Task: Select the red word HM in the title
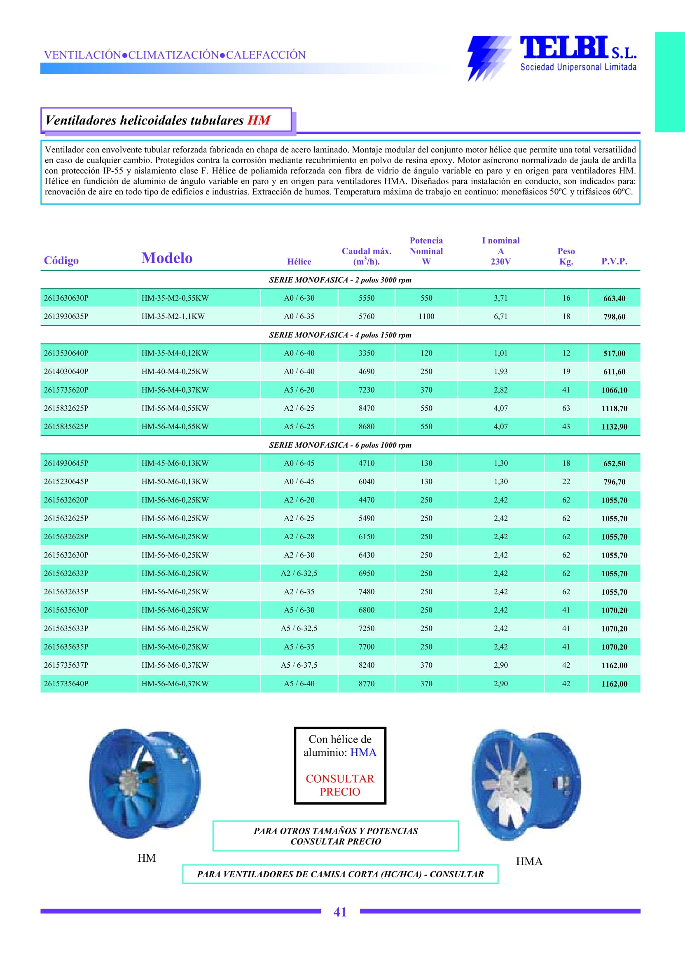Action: (x=259, y=120)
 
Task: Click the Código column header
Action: (x=61, y=260)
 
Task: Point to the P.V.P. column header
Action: (x=614, y=261)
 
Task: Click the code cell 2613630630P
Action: (x=66, y=298)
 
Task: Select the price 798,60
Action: (x=614, y=317)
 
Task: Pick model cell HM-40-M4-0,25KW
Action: (x=175, y=372)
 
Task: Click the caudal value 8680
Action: (x=366, y=426)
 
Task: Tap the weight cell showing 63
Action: (x=566, y=408)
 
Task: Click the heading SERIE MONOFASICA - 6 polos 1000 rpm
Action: (x=340, y=445)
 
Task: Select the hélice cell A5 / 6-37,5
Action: (x=299, y=665)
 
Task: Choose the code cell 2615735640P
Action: (x=66, y=684)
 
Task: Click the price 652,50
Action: (x=614, y=463)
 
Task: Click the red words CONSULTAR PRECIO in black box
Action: (x=339, y=785)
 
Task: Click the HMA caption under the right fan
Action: (x=529, y=861)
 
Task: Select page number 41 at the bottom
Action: (x=340, y=912)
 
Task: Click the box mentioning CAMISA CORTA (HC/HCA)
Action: (x=340, y=874)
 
